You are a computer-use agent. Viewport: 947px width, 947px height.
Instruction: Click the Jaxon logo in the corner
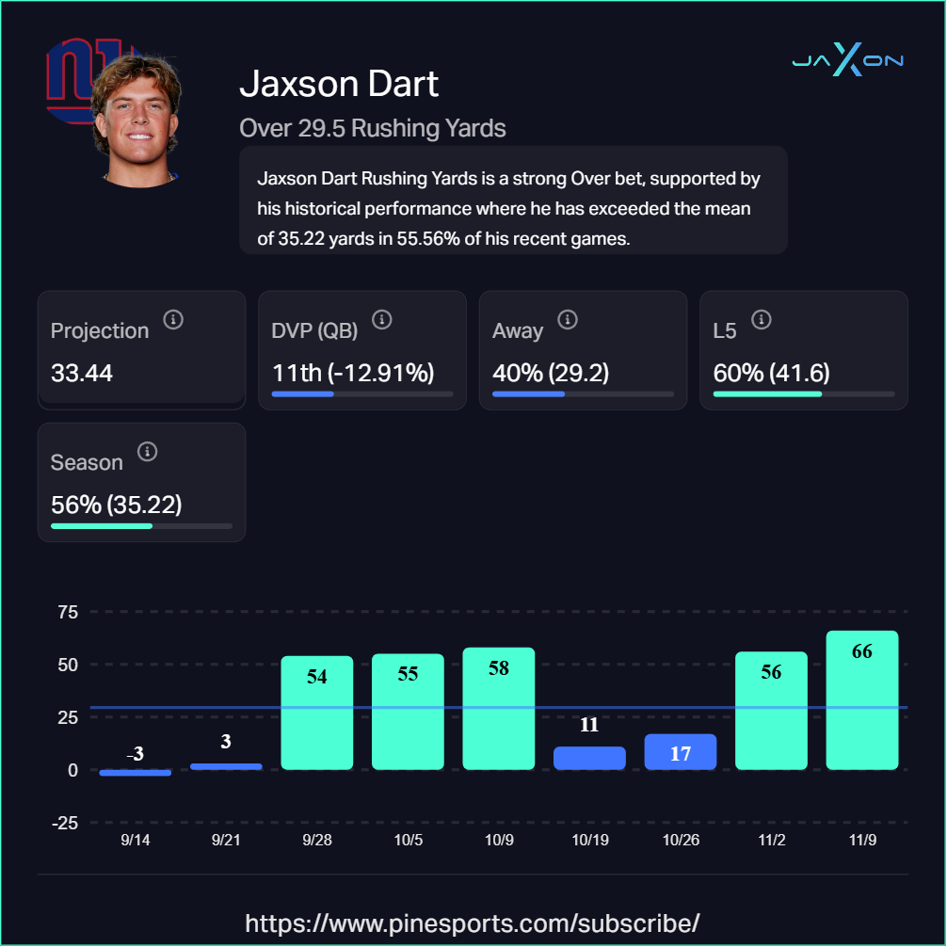847,61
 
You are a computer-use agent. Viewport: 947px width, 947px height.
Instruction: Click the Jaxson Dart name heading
339,84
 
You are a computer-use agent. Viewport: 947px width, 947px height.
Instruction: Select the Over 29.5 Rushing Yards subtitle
373,128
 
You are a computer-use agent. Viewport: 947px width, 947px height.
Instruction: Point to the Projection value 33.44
82,373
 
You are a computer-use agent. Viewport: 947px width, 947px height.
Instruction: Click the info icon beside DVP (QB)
381,320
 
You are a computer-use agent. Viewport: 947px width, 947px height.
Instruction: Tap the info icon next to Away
567,320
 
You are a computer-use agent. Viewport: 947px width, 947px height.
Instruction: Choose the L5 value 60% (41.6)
771,373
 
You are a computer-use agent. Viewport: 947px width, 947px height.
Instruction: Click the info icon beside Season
147,452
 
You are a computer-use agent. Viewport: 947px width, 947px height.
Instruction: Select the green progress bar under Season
102,525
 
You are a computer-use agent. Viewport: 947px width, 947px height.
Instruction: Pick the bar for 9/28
317,713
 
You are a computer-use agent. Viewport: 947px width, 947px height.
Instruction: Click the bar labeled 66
861,700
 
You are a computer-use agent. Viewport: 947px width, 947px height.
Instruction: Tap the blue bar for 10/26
681,752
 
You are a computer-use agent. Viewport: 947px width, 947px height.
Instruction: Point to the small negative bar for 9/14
136,773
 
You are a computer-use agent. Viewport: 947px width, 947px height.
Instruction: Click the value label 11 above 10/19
589,725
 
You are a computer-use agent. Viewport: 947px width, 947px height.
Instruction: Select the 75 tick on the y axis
68,612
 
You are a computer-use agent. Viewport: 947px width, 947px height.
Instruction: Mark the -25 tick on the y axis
65,823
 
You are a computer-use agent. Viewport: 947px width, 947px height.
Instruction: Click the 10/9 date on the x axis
499,840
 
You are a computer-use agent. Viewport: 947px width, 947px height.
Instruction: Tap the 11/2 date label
771,840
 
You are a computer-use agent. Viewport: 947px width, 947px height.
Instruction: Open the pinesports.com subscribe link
473,922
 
